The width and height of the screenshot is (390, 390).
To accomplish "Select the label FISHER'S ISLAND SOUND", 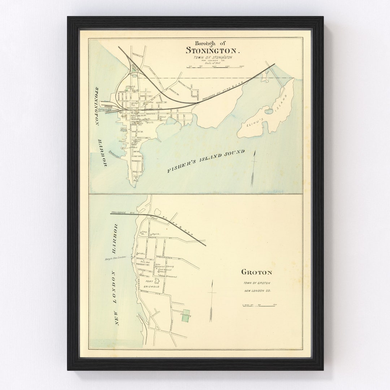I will coord(205,161).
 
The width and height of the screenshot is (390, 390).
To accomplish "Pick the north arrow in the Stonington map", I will coord(253,168).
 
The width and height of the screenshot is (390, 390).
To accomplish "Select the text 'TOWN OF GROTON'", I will coord(257,283).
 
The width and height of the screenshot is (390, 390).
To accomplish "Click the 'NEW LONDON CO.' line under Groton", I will coord(257,291).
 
